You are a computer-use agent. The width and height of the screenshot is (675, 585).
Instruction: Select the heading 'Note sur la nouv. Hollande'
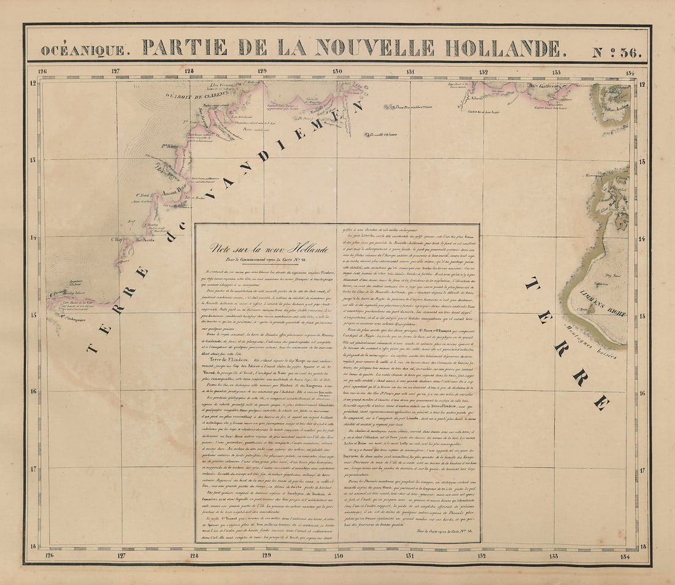[269, 248]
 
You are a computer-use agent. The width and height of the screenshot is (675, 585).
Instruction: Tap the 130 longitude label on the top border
[337, 71]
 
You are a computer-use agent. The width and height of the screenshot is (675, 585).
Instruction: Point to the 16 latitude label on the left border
[33, 392]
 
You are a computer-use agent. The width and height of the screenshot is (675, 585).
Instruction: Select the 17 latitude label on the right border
[642, 470]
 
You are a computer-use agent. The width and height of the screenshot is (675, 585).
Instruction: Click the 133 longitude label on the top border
[556, 71]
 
